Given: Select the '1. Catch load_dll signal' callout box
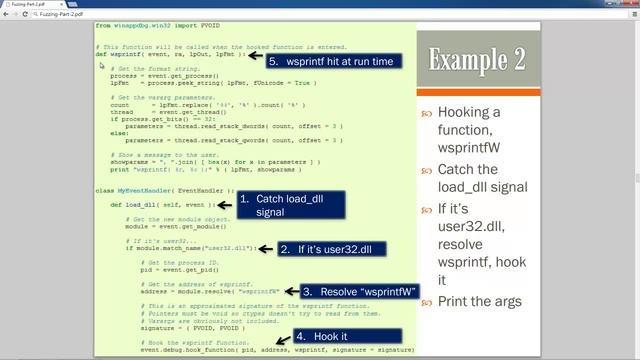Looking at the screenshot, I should tap(290, 205).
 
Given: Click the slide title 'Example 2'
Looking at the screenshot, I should tap(477, 60).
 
